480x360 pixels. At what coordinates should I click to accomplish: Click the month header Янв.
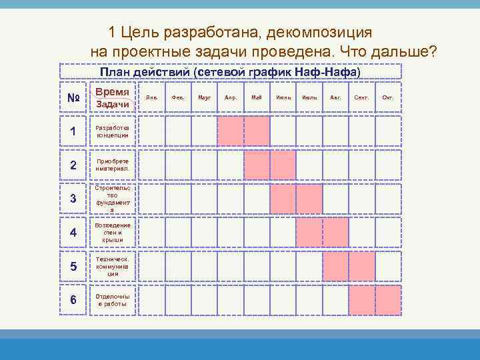click(x=152, y=97)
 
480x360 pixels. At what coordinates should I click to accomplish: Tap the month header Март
click(x=205, y=97)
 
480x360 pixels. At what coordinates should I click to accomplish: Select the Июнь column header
click(x=283, y=97)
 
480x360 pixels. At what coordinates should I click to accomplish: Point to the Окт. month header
click(x=388, y=97)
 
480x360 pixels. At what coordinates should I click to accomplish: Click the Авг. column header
click(x=335, y=97)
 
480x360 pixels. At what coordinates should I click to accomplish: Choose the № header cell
click(x=74, y=98)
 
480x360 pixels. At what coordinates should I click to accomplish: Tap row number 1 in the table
click(x=73, y=131)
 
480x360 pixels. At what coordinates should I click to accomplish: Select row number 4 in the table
click(x=73, y=233)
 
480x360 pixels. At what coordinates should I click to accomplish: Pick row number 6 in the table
click(x=73, y=300)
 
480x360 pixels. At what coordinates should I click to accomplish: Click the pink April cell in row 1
click(x=231, y=131)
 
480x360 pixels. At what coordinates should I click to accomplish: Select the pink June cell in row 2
click(x=283, y=165)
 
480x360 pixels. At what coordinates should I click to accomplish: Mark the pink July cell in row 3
click(x=309, y=198)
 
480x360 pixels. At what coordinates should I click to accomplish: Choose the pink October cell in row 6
click(x=388, y=300)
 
